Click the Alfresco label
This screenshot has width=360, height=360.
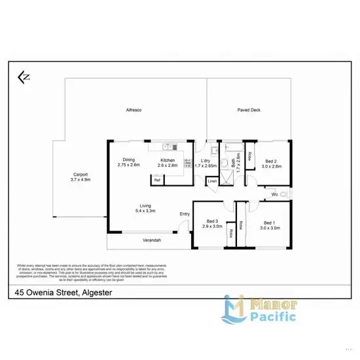(x=134, y=110)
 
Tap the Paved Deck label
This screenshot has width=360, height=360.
(x=249, y=110)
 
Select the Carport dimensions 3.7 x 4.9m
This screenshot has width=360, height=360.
(x=81, y=179)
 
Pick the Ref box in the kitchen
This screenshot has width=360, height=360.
(x=157, y=179)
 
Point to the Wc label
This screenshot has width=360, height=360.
(x=275, y=194)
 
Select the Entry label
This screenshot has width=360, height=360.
(x=185, y=213)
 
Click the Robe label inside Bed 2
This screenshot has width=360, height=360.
(x=251, y=155)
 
